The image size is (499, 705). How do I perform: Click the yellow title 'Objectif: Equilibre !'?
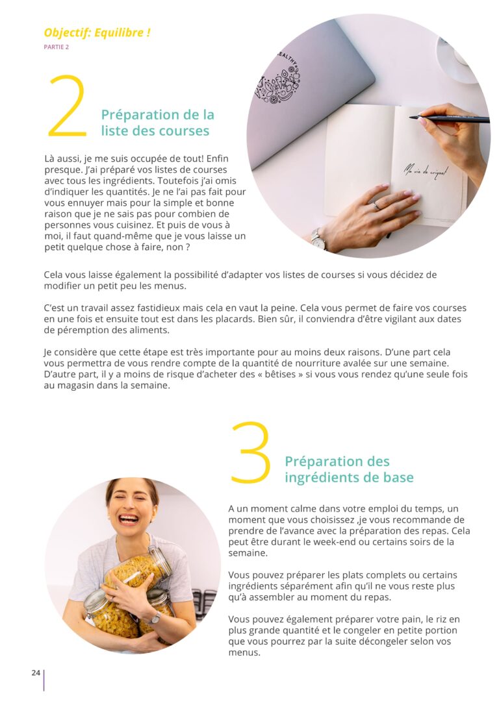click(x=97, y=32)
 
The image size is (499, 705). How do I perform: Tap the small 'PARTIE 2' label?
click(x=56, y=47)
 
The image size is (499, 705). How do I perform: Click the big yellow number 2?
click(x=67, y=106)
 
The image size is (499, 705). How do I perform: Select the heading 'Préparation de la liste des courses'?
click(x=157, y=123)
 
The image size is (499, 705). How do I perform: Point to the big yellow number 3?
click(x=250, y=453)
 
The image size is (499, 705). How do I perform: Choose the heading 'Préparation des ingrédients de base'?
click(x=349, y=469)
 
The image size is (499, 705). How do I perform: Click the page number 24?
click(x=36, y=673)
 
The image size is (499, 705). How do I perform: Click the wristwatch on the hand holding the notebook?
click(x=318, y=238)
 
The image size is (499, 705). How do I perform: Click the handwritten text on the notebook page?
click(x=426, y=171)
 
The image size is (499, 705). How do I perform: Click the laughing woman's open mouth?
click(x=129, y=518)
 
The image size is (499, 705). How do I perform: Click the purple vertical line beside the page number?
click(x=44, y=680)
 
